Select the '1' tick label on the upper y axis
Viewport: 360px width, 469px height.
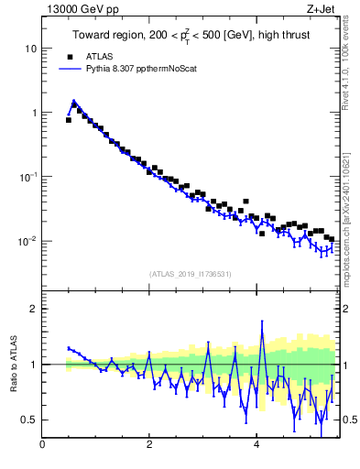pos(33,113)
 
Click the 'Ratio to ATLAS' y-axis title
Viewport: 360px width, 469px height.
pos(13,365)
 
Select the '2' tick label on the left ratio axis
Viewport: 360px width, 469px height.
pos(33,309)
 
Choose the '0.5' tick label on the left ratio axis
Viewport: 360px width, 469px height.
pos(28,420)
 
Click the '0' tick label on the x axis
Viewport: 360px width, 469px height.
pos(42,446)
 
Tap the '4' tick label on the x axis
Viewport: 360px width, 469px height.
pos(256,446)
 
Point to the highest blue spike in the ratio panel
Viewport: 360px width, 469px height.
pos(262,322)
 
